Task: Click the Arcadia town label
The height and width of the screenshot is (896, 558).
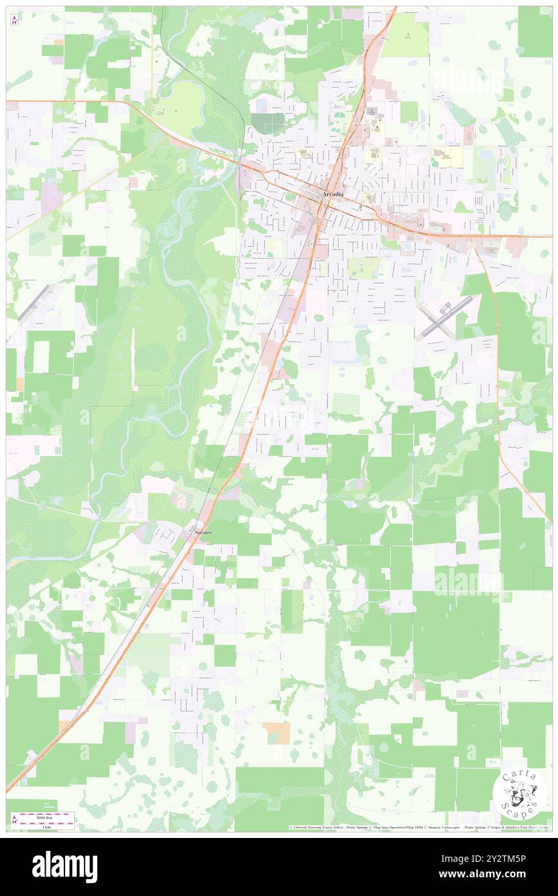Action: (x=332, y=194)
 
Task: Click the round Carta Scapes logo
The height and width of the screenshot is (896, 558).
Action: (x=519, y=794)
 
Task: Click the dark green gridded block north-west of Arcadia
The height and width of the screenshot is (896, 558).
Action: (x=268, y=123)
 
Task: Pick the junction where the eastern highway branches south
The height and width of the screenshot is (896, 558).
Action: (x=472, y=237)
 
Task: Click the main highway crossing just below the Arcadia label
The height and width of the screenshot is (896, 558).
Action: (x=327, y=204)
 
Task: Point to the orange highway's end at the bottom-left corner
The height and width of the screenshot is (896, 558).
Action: (x=8, y=789)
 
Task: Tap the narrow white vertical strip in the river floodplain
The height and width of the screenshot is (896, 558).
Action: (x=133, y=358)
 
